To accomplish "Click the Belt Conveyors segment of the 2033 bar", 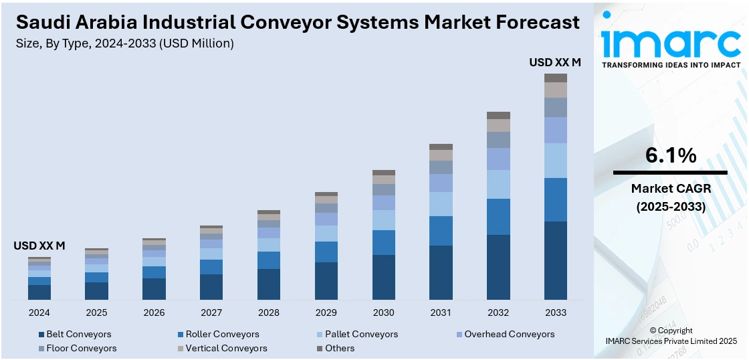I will pyautogui.click(x=555, y=260).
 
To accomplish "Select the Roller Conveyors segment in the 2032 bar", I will pyautogui.click(x=498, y=217).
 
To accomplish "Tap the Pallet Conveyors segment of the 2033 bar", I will pyautogui.click(x=555, y=161).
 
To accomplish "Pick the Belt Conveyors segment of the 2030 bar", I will pyautogui.click(x=383, y=277).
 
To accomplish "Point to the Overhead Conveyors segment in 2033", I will pyautogui.click(x=555, y=130).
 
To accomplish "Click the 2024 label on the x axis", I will pyautogui.click(x=39, y=312).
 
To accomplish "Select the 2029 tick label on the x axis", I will pyautogui.click(x=326, y=312).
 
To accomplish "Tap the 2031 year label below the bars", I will pyautogui.click(x=441, y=312).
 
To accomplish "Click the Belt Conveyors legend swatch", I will pyautogui.click(x=41, y=335).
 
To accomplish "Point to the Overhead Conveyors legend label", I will pyautogui.click(x=509, y=334).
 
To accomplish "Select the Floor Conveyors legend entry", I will pyautogui.click(x=82, y=348).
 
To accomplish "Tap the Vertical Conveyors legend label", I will pyautogui.click(x=226, y=348).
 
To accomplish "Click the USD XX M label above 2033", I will pyautogui.click(x=555, y=62).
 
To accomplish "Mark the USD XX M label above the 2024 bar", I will pyautogui.click(x=39, y=246).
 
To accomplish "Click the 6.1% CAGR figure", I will pyautogui.click(x=671, y=156).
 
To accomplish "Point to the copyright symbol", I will pyautogui.click(x=653, y=331).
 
